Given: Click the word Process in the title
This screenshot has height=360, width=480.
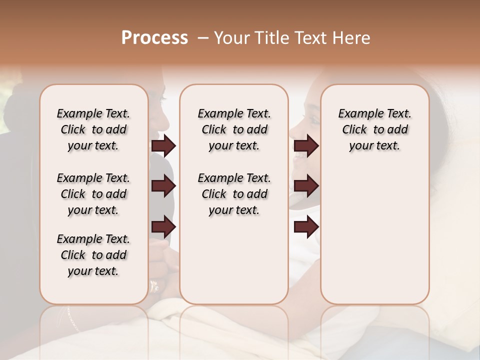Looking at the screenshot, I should click(x=154, y=38).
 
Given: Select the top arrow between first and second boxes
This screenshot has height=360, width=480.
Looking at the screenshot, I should click(x=163, y=146).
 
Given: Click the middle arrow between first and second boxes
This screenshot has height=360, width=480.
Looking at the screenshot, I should click(x=163, y=186).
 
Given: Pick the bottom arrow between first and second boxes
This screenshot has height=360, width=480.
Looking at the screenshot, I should click(x=163, y=226).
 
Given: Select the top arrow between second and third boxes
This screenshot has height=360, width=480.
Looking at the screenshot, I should click(x=306, y=146).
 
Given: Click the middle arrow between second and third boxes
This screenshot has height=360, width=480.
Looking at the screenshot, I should click(x=306, y=186).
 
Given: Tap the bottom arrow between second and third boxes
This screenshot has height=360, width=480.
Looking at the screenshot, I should click(x=306, y=226).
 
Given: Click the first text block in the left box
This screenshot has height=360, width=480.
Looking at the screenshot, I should click(x=93, y=129).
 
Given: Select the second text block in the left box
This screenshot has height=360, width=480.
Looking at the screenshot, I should click(x=93, y=194).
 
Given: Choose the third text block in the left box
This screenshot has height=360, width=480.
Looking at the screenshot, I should click(x=93, y=255).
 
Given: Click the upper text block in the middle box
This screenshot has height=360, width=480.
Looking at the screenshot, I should click(x=234, y=129).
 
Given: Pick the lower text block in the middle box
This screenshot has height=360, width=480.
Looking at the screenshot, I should click(x=234, y=194).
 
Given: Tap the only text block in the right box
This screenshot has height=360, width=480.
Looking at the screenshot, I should click(x=374, y=129).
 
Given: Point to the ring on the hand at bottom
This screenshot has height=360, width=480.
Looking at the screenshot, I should click(x=154, y=286).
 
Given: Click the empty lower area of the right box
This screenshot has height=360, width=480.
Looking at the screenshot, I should click(x=374, y=235).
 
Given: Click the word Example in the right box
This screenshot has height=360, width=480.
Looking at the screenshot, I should click(x=357, y=114).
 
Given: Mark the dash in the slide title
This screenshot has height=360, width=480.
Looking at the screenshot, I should click(x=202, y=38).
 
